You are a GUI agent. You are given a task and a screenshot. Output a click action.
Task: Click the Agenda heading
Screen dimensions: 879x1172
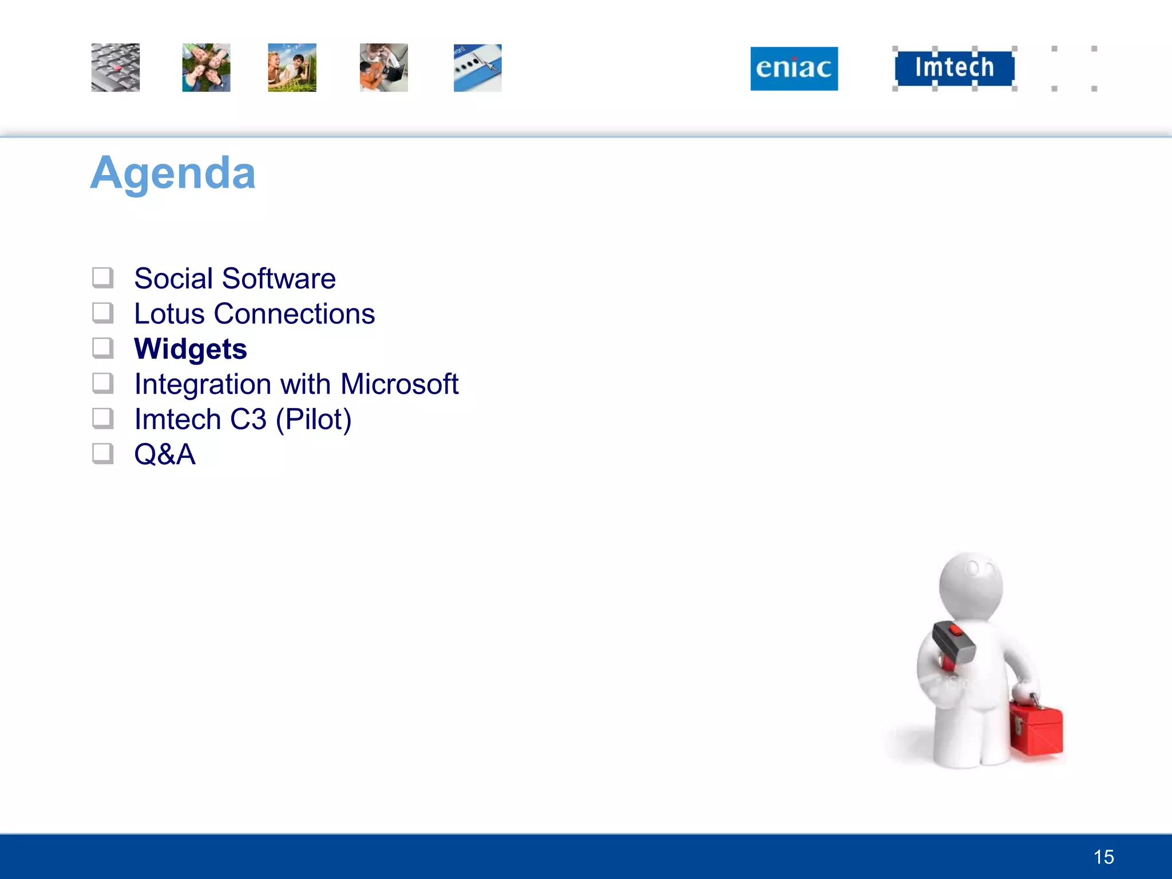click(173, 173)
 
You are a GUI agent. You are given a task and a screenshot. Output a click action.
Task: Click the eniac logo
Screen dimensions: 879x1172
click(794, 69)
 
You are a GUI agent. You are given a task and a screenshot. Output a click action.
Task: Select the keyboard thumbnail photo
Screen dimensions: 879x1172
click(116, 68)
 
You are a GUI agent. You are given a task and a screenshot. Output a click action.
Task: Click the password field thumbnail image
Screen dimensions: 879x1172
click(477, 68)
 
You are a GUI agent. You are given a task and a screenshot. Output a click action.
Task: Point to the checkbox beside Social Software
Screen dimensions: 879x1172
click(103, 278)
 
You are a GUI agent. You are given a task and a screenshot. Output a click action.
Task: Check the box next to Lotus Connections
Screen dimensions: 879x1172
click(103, 313)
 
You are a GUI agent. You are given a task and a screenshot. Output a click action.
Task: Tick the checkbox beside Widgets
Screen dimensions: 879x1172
click(103, 348)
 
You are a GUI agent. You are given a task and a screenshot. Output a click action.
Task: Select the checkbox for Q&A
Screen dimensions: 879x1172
click(103, 454)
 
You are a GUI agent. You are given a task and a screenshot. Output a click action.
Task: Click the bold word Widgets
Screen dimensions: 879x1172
click(191, 349)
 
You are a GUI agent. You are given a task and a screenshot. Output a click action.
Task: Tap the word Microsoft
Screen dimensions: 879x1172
click(399, 384)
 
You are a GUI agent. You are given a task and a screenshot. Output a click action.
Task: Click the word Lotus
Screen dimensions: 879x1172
click(169, 314)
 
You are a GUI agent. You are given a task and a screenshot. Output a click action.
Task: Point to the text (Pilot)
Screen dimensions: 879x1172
click(314, 419)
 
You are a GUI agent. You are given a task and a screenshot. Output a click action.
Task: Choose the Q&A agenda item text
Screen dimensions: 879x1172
click(165, 454)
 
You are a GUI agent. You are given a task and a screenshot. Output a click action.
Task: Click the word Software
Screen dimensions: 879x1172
click(279, 279)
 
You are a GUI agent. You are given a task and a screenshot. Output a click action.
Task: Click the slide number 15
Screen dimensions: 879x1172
click(1103, 857)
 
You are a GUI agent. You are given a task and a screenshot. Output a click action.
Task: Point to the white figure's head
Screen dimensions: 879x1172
click(971, 584)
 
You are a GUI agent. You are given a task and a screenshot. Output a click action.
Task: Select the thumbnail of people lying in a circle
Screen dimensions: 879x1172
click(206, 68)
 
